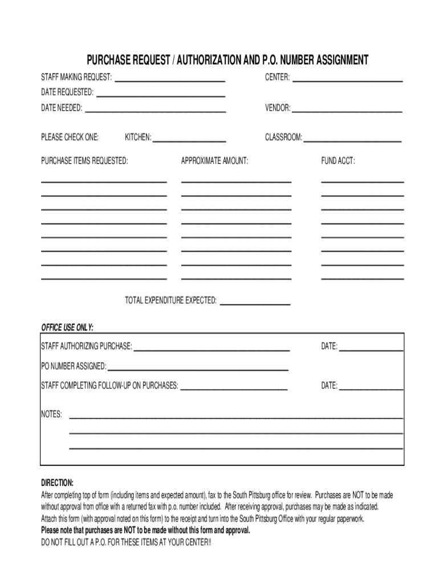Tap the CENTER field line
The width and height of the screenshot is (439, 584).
click(x=347, y=80)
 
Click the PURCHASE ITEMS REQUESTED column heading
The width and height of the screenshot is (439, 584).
click(x=84, y=161)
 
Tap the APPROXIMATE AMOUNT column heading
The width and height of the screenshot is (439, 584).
click(x=214, y=161)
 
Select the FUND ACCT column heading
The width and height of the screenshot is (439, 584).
click(x=338, y=161)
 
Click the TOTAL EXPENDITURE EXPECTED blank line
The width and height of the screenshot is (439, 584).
click(x=255, y=303)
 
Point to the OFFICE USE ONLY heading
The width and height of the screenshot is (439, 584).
click(x=67, y=327)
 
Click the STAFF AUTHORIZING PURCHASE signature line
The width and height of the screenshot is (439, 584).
click(x=212, y=348)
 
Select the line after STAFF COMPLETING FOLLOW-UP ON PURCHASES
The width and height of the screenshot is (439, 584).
click(x=234, y=388)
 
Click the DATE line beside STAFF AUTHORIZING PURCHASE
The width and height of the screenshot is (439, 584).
click(x=371, y=348)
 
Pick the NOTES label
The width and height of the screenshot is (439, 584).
click(x=51, y=414)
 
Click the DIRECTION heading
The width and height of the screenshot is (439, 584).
click(x=57, y=482)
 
